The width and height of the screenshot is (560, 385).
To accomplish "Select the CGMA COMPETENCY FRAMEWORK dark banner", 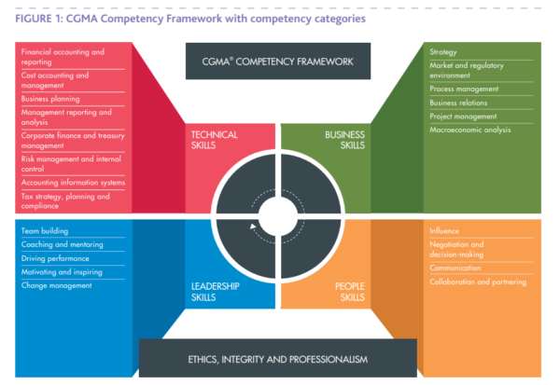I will coord(277,62).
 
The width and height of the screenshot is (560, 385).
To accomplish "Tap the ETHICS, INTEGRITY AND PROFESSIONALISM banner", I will coord(277,358).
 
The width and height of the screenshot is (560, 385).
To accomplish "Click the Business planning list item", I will coord(50,98).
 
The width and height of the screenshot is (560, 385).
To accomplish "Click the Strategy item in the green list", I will coord(443,52).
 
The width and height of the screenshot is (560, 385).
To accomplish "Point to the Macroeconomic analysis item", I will coord(470,130).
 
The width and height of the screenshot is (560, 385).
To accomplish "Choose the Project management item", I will coord(463,116).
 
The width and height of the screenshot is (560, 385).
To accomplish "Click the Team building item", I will coord(45,230).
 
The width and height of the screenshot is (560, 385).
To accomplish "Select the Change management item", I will coord(57,285).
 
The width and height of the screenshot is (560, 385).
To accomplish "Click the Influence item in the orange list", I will coord(445,230).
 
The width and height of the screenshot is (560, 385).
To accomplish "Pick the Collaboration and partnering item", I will coord(478,282).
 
